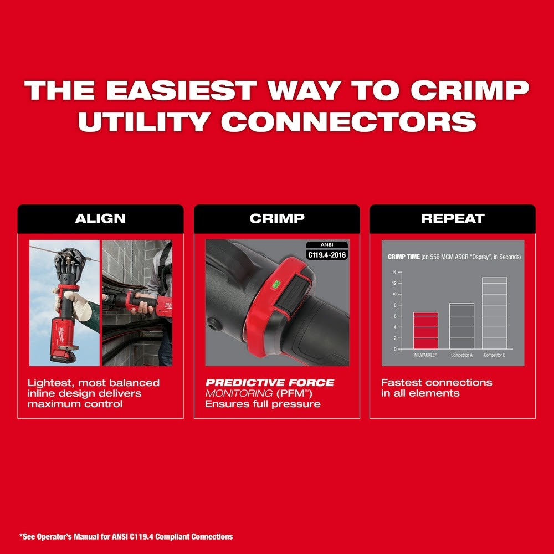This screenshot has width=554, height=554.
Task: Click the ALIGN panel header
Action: pyautogui.click(x=100, y=218)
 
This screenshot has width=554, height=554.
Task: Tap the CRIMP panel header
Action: pyautogui.click(x=276, y=218)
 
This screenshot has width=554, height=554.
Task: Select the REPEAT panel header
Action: pyautogui.click(x=453, y=218)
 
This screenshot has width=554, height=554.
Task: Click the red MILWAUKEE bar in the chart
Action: pyautogui.click(x=425, y=331)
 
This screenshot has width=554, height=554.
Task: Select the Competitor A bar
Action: pyautogui.click(x=461, y=326)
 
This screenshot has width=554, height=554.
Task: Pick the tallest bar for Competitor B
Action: pyautogui.click(x=494, y=314)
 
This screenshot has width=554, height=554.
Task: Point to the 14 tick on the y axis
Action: pyautogui.click(x=394, y=272)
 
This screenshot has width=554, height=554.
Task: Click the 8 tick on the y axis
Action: pyautogui.click(x=394, y=305)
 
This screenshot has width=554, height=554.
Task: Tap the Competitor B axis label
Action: pyautogui.click(x=494, y=355)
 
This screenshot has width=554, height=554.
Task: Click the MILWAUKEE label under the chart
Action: pyautogui.click(x=425, y=355)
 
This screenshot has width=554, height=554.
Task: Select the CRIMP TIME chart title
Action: pyautogui.click(x=454, y=257)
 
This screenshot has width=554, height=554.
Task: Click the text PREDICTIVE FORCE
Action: pyautogui.click(x=270, y=383)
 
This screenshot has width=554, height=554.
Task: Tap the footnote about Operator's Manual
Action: pyautogui.click(x=126, y=536)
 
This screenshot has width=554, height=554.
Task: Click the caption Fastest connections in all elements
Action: pyautogui.click(x=437, y=388)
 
